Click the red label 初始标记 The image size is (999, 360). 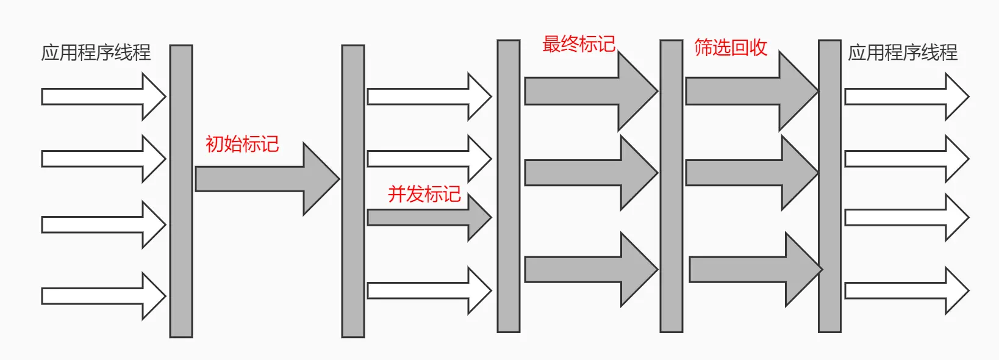242,144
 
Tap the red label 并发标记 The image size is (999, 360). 424,194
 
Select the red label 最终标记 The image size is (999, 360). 579,44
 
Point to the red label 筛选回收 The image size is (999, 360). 731,48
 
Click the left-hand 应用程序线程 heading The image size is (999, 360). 96,52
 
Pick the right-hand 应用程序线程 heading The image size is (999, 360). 903,52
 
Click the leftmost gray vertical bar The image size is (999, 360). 181,191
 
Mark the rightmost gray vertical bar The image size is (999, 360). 829,186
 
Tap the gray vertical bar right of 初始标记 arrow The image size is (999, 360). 353,191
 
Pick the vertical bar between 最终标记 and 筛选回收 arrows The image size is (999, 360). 671,186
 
